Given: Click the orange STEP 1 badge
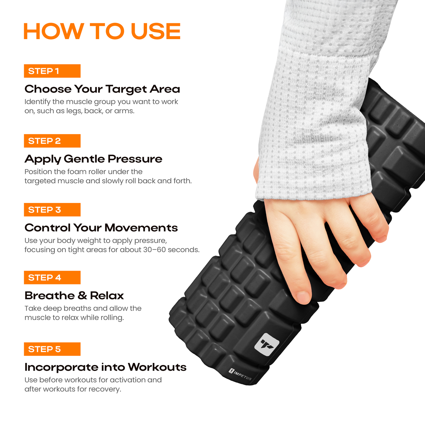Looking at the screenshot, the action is click(x=52, y=71).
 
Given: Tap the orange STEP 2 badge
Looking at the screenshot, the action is click(x=52, y=141).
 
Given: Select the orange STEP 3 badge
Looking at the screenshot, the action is click(x=52, y=209).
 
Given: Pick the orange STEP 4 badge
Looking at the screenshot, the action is click(x=52, y=277).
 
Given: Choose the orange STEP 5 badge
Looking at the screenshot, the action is click(x=52, y=349).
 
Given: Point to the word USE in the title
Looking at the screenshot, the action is click(x=156, y=31).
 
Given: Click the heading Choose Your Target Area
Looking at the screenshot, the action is click(x=102, y=89).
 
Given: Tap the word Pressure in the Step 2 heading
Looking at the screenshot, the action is click(x=135, y=159).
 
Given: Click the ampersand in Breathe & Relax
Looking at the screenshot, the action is click(x=82, y=296).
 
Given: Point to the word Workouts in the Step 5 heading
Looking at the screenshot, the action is click(x=157, y=367).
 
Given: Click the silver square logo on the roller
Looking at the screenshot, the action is click(x=267, y=344).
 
